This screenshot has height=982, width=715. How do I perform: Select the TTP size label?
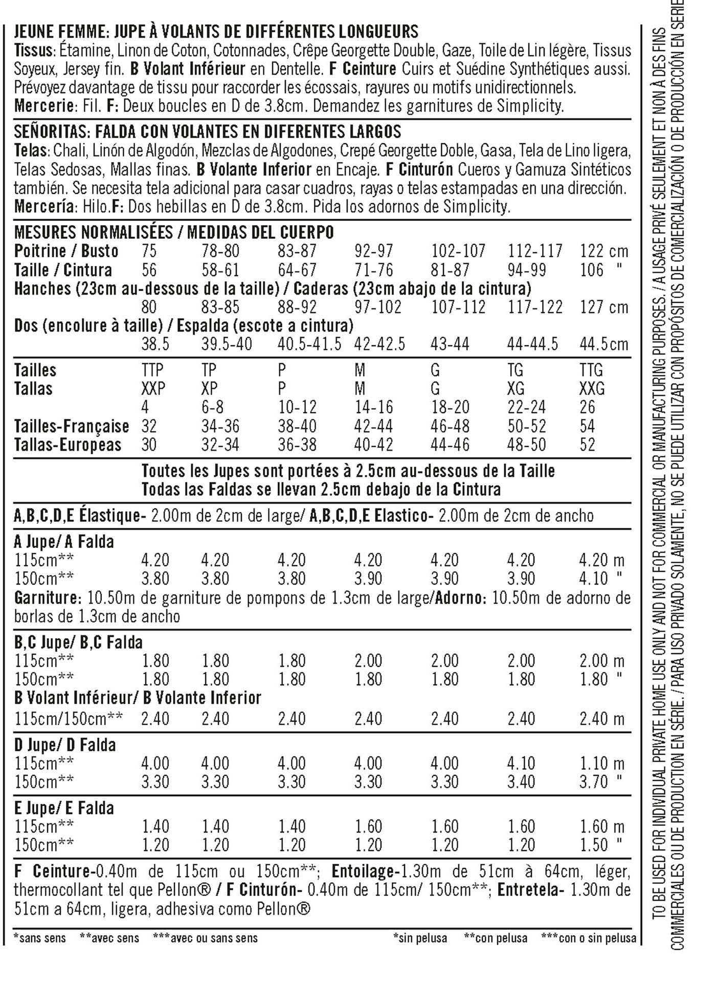(x=152, y=370)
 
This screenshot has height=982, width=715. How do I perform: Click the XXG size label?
(x=592, y=389)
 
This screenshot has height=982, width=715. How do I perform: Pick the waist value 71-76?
(x=373, y=270)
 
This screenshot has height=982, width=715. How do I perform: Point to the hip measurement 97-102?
(x=377, y=307)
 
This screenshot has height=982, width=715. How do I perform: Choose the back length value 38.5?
(x=155, y=344)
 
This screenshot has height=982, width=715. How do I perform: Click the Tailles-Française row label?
(x=71, y=426)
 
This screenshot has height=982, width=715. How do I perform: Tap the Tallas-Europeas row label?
(x=68, y=445)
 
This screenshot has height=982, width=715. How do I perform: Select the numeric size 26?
(x=587, y=408)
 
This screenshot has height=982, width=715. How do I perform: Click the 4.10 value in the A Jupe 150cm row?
(x=593, y=579)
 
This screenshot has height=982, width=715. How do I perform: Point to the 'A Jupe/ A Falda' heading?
(x=64, y=542)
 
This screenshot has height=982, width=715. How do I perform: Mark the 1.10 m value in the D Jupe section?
(x=601, y=764)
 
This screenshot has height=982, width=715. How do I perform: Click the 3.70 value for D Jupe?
(x=593, y=782)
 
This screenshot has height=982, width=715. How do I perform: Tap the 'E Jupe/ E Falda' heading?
(x=64, y=808)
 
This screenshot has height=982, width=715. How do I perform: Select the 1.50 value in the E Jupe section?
(x=593, y=845)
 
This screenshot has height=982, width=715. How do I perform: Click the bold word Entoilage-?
(x=364, y=871)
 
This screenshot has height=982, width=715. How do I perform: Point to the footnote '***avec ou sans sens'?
(x=205, y=938)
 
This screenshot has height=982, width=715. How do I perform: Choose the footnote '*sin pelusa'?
(x=420, y=938)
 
